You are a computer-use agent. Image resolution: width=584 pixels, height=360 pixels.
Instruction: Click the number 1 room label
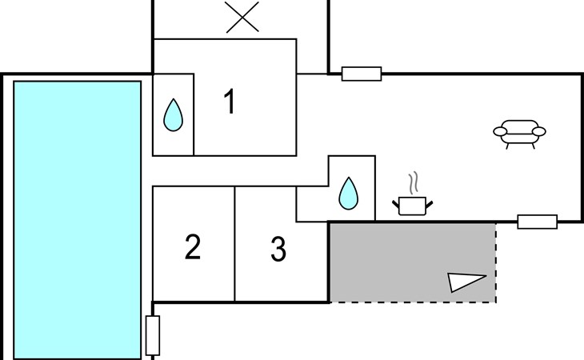tap(230, 103)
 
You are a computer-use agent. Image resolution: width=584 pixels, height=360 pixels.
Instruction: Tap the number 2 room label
tap(192, 248)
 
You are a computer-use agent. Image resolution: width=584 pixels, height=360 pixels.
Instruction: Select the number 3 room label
tap(278, 250)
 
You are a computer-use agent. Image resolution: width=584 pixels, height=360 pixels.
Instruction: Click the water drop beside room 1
tap(173, 116)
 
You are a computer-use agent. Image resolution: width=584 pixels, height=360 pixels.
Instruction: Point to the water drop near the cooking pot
tap(349, 193)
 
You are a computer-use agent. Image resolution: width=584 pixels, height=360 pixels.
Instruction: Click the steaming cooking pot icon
tap(412, 205)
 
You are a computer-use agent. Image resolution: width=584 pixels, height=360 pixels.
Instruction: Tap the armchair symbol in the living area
tap(519, 132)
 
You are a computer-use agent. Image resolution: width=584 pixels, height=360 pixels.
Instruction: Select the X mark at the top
tap(242, 17)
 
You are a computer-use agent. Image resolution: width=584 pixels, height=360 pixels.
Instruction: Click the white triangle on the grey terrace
tap(465, 282)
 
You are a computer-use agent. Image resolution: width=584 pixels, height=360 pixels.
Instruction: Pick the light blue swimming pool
tap(78, 219)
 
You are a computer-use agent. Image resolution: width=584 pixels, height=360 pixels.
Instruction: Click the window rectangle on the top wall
tap(362, 74)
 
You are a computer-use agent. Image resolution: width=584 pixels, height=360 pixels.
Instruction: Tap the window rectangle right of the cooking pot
tap(537, 222)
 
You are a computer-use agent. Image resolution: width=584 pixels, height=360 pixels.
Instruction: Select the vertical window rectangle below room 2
tap(153, 336)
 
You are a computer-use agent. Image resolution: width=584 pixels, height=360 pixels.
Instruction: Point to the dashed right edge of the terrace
tap(496, 264)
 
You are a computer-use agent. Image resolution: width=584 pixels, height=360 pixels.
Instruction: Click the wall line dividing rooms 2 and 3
tap(234, 244)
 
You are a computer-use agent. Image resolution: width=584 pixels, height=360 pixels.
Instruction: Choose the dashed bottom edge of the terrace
tap(412, 302)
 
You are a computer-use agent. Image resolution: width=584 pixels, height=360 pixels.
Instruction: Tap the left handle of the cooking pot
tap(396, 206)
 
